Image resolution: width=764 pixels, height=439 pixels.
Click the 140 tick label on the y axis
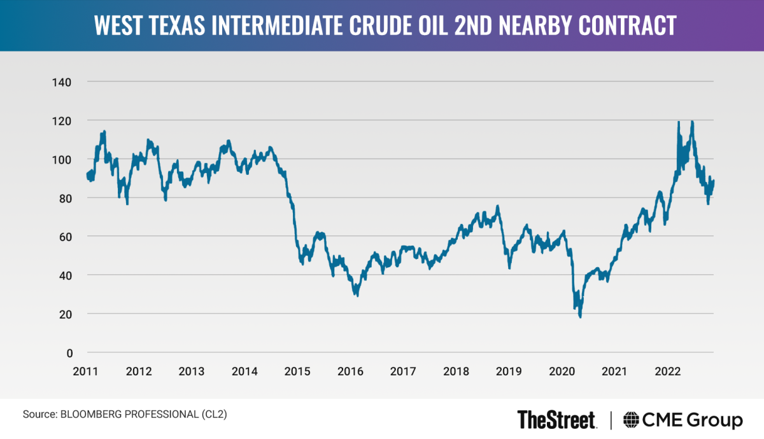[62, 82]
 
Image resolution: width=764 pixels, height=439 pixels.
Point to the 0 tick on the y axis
[69, 352]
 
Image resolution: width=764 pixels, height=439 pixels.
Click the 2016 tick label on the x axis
[351, 371]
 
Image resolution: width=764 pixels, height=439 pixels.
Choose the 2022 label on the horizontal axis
[668, 371]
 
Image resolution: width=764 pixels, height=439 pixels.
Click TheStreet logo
[557, 420]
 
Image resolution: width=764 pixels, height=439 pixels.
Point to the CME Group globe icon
[632, 420]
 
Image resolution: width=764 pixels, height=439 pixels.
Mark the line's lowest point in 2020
[580, 316]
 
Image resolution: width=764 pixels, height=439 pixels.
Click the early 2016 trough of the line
[357, 295]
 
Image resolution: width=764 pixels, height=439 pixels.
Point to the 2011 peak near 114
[104, 132]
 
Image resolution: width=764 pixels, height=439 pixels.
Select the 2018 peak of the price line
[497, 206]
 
